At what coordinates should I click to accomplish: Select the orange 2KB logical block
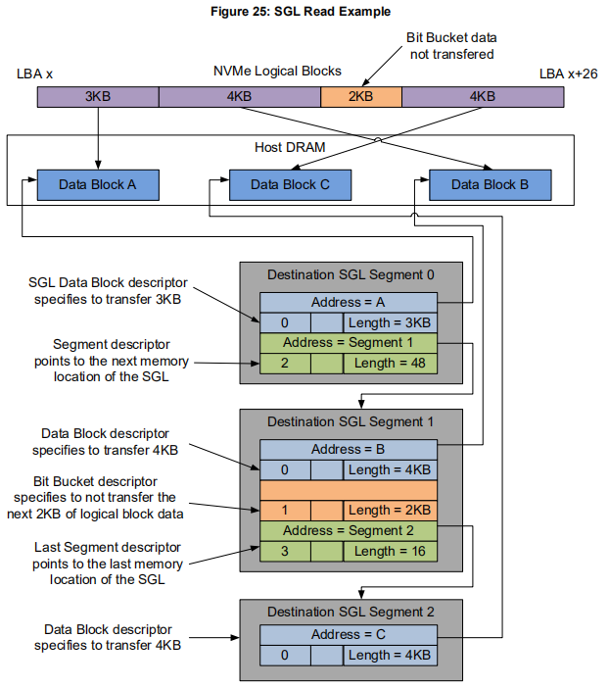point(360,97)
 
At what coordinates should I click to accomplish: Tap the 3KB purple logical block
point(98,97)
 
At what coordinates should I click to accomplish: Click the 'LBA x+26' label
point(567,74)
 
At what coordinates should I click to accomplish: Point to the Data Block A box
point(98,184)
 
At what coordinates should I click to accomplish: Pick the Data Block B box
point(490,184)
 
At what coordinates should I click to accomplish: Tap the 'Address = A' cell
point(349,303)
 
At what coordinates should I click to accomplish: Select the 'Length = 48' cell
point(389,363)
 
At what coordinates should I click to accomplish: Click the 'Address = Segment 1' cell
point(349,343)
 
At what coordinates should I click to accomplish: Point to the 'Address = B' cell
point(349,450)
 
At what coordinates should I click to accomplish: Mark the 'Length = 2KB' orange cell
point(389,511)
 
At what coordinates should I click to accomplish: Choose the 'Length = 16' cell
point(389,551)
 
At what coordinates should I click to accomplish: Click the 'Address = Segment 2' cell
point(349,530)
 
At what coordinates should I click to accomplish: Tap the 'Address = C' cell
point(349,635)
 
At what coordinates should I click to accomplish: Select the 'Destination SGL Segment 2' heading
point(350,613)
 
